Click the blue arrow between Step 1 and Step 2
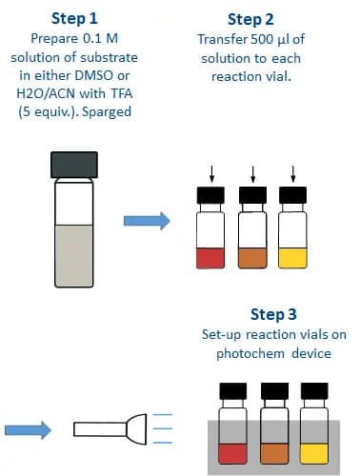[x=148, y=221]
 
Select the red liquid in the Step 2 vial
[x=210, y=257]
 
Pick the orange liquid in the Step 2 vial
[x=252, y=257]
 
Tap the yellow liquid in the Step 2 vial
[x=295, y=257]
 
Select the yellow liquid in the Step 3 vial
[x=315, y=453]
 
